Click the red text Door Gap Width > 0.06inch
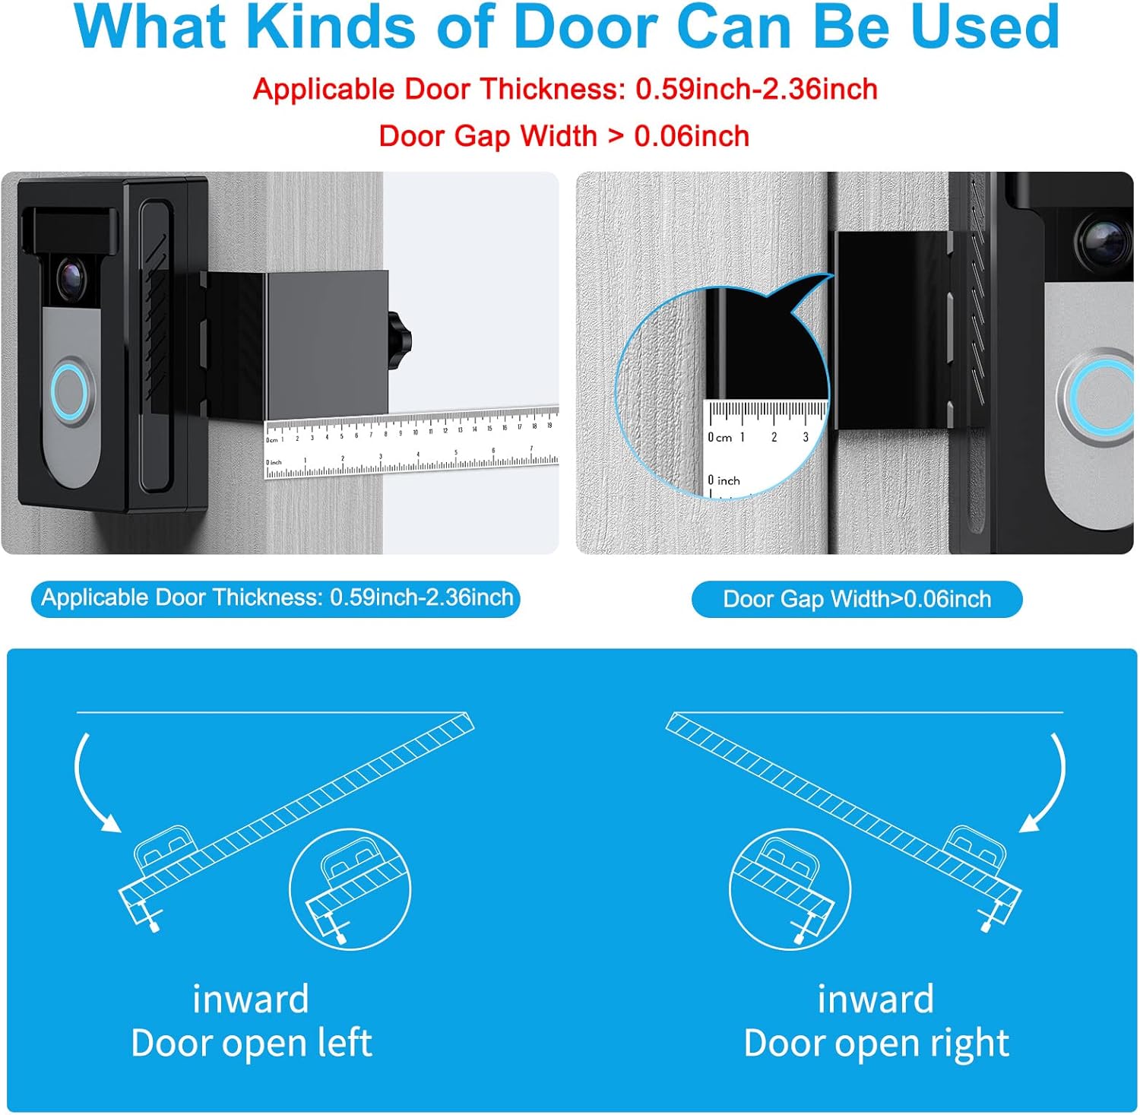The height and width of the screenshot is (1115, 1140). click(564, 137)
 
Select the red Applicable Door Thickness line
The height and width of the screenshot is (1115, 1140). click(565, 90)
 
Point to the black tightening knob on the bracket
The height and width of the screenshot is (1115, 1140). click(399, 342)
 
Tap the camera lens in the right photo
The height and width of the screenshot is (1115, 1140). click(1104, 237)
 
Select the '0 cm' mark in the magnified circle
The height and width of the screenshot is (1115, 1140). click(720, 438)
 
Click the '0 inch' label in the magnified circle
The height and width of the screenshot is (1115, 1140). click(724, 480)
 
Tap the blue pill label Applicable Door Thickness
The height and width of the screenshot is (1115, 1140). click(276, 598)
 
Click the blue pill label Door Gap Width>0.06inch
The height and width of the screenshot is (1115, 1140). click(857, 600)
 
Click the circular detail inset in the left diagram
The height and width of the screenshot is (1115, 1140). click(350, 889)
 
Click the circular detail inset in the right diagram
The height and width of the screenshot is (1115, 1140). click(790, 889)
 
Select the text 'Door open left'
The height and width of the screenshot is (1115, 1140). click(251, 1043)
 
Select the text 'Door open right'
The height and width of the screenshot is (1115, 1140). click(876, 1043)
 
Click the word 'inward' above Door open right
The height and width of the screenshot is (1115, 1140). click(876, 999)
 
